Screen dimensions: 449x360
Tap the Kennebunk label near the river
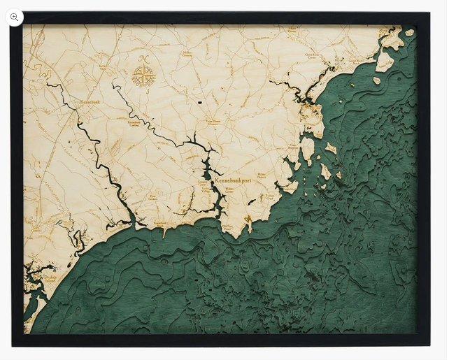(x=90, y=103)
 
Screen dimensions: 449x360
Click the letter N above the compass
(x=143, y=58)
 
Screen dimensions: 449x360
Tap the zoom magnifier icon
(x=14, y=17)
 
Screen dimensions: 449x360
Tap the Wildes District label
(x=262, y=175)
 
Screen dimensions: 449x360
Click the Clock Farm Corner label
(x=312, y=55)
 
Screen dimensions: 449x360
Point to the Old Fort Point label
(x=228, y=226)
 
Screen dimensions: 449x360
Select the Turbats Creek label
(x=269, y=198)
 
